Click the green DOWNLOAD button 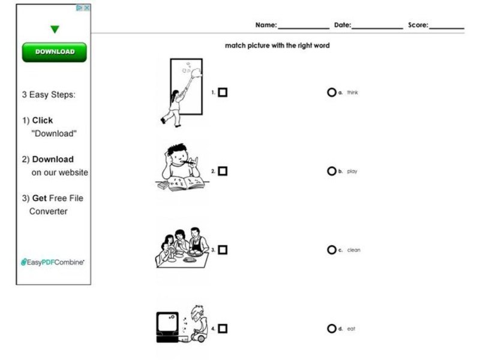click(55, 52)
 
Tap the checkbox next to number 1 click(223, 92)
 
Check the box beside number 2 click(223, 171)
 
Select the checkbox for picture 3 click(223, 250)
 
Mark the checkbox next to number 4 click(223, 328)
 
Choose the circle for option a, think click(331, 92)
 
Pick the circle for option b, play click(331, 171)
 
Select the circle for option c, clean click(331, 250)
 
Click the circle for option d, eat click(331, 328)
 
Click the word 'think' click(352, 93)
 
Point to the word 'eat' click(352, 329)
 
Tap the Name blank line click(303, 26)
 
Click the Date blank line click(377, 26)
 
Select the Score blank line click(446, 26)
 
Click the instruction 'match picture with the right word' click(277, 46)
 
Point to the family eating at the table click(182, 247)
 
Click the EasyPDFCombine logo click(53, 262)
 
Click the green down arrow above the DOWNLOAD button click(55, 29)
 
